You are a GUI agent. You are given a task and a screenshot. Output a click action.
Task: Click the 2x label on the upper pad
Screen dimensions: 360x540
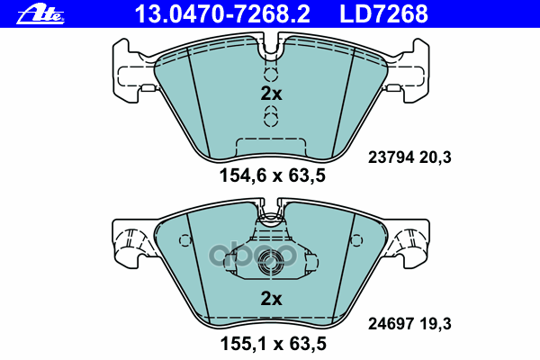[x=271, y=94]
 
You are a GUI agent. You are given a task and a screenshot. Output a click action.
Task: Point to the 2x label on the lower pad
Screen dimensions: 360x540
[x=271, y=299]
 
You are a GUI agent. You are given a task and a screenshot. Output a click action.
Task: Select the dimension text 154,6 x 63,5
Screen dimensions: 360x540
[x=271, y=176]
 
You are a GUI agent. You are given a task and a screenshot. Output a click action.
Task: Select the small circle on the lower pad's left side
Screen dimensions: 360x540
[x=186, y=241]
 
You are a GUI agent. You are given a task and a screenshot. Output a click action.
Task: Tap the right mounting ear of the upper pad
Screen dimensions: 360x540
[x=410, y=69]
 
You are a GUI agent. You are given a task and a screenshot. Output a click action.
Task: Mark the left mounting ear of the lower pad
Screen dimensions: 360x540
[x=130, y=240]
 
